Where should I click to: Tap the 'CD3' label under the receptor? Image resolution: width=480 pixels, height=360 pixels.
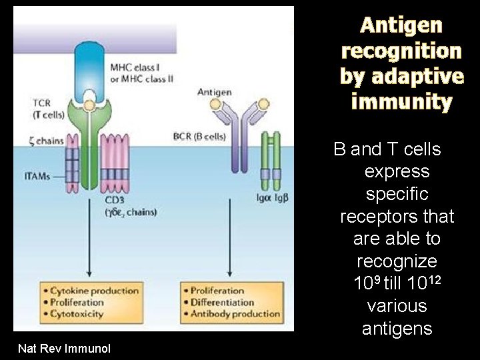115,200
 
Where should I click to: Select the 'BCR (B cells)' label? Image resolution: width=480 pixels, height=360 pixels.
199,136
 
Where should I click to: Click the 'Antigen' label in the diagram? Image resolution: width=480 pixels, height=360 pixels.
214,91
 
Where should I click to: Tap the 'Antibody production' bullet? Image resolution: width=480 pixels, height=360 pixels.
235,313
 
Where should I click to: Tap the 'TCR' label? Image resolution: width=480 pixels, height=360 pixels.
41,103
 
